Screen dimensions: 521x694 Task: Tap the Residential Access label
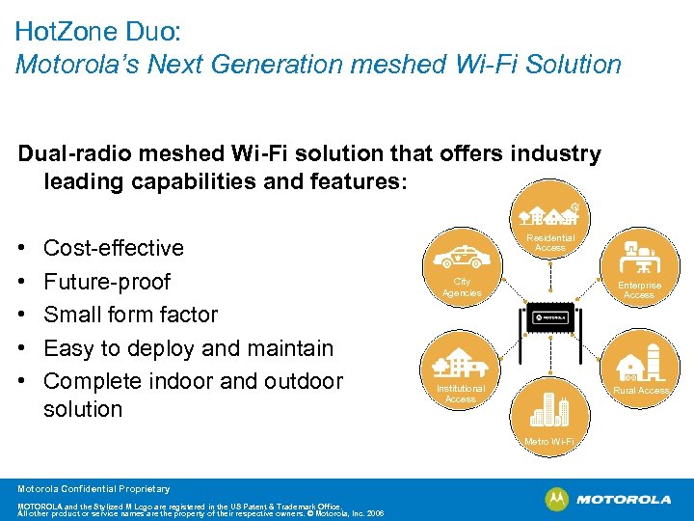pos(550,243)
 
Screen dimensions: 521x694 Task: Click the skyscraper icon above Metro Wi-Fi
pos(549,410)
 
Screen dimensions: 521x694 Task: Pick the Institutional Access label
pos(461,394)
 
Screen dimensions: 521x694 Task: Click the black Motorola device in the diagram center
pos(549,316)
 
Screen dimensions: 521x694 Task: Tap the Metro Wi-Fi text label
pos(549,442)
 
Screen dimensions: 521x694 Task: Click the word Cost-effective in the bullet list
pos(114,248)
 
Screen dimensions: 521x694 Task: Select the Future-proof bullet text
pos(107,282)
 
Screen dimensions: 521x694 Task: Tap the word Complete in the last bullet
pos(89,381)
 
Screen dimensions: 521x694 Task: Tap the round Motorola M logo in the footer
pos(557,499)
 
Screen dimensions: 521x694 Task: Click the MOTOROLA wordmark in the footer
pos(624,500)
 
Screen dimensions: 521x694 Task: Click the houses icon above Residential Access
pos(550,217)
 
